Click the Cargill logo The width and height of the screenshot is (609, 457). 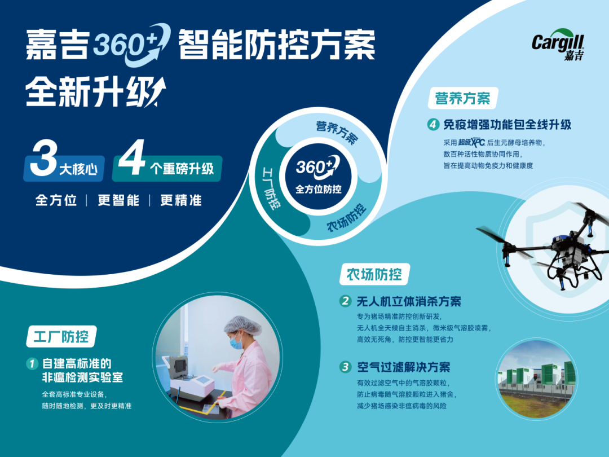[x=558, y=45]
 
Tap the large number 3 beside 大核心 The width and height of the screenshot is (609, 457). [x=44, y=158]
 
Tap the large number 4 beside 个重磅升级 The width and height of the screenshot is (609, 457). [x=131, y=157]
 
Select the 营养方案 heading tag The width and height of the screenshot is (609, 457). [x=462, y=98]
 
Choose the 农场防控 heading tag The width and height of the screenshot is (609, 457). [x=374, y=274]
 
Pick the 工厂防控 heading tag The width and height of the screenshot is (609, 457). [x=61, y=336]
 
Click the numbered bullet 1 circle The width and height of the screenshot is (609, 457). [x=32, y=364]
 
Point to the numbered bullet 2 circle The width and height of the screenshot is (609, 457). [x=345, y=301]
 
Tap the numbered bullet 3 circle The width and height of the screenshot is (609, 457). [x=345, y=367]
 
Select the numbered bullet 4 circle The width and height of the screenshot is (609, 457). [x=433, y=124]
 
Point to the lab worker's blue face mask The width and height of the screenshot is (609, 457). [x=236, y=343]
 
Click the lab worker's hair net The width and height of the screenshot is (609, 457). [x=242, y=325]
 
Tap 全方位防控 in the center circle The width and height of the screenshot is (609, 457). [x=319, y=189]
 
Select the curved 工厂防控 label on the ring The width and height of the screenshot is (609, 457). [x=271, y=188]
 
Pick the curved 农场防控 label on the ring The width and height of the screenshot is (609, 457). [x=346, y=218]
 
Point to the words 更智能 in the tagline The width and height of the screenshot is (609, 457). [x=118, y=200]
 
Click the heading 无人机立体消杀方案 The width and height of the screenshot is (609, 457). [x=409, y=301]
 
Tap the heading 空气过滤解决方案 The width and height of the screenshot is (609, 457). [x=404, y=367]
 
